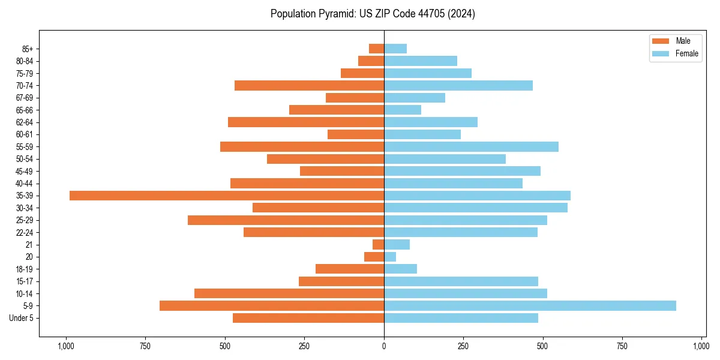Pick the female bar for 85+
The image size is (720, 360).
395,49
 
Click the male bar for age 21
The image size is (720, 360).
378,244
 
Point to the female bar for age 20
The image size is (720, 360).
390,257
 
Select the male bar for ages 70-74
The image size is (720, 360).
309,85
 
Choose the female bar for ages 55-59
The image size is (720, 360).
471,146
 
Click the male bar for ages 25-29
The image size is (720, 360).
286,220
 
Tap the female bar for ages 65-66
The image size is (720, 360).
403,110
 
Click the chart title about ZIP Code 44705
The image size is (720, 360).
373,14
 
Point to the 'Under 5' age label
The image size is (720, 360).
21,318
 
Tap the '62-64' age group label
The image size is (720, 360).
24,122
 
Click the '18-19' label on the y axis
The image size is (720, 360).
24,269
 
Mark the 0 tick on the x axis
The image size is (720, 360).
384,346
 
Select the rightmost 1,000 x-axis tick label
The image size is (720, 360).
701,346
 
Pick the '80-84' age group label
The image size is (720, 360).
24,61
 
